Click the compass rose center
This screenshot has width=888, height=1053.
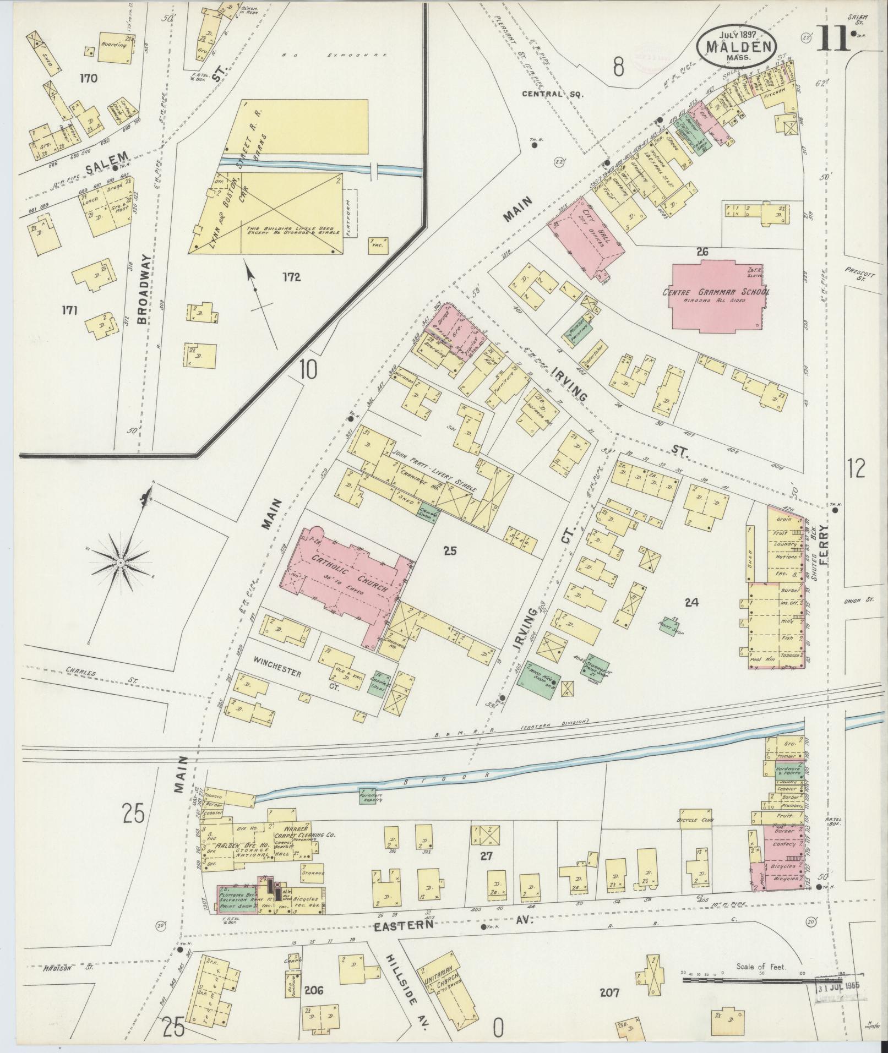click(x=120, y=562)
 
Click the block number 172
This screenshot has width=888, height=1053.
click(x=291, y=277)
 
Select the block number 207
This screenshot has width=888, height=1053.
click(x=609, y=992)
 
